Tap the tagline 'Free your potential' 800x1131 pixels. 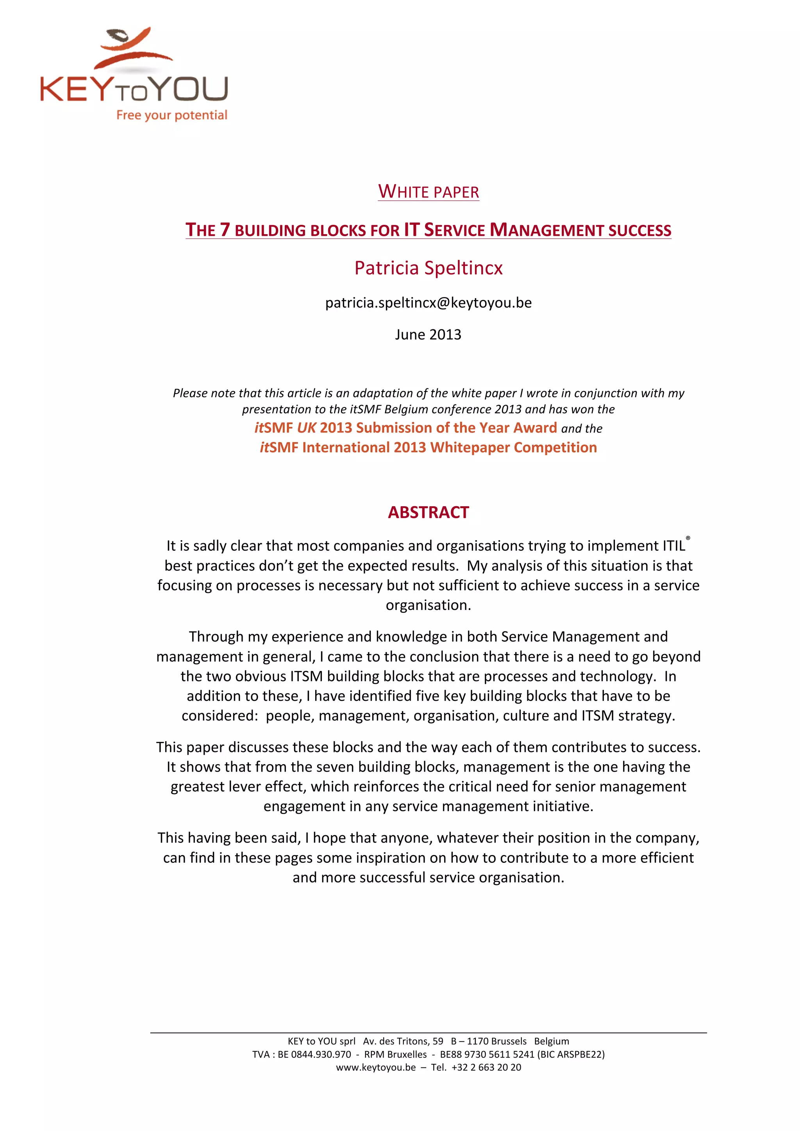171,115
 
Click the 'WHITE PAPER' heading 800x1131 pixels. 429,192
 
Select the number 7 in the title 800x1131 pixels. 225,229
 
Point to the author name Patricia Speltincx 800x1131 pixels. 429,268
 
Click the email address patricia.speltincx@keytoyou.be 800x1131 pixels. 429,302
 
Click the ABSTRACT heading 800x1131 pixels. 429,512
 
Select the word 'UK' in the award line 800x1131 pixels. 306,428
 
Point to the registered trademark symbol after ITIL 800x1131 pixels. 688,539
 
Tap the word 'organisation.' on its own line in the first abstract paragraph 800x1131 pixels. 429,605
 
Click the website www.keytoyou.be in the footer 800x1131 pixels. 376,1067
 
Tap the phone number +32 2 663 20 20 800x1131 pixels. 486,1067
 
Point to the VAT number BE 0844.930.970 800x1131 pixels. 314,1054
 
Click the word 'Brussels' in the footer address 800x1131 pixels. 509,1041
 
